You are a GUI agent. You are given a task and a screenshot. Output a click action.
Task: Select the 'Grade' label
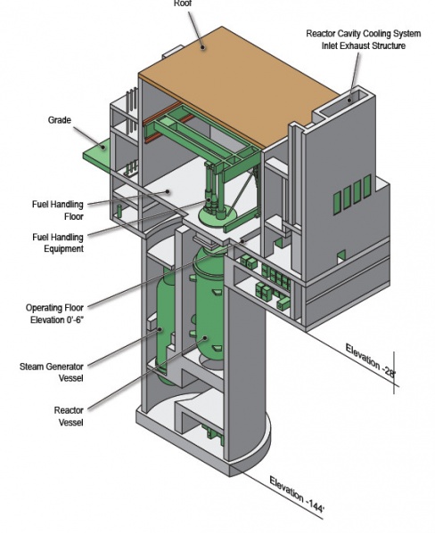[60, 120]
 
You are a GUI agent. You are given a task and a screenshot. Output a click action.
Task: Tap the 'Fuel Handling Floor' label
[58, 210]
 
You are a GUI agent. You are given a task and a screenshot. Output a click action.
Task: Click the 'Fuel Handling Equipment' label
[58, 243]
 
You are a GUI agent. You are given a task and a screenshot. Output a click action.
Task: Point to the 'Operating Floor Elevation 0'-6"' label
[55, 314]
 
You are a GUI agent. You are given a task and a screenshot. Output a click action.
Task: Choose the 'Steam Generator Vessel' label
[52, 372]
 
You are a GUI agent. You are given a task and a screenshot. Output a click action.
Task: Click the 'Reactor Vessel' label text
[69, 416]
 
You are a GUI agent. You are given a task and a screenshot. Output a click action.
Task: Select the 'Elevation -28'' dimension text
[370, 360]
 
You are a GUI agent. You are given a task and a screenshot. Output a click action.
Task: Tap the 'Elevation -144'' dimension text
[297, 494]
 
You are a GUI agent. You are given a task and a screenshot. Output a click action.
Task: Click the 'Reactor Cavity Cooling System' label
[364, 34]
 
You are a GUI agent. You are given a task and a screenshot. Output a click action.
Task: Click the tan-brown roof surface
[239, 86]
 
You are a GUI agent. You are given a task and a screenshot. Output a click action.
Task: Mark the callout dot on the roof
[202, 47]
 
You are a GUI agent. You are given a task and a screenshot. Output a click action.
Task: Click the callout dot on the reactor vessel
[205, 337]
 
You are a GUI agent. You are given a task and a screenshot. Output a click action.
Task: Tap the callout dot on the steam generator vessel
[160, 329]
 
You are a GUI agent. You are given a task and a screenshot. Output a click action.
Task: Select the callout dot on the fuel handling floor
[168, 191]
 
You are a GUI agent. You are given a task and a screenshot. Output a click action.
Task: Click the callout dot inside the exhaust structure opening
[349, 100]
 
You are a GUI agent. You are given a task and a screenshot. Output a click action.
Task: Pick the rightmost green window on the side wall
[367, 186]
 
